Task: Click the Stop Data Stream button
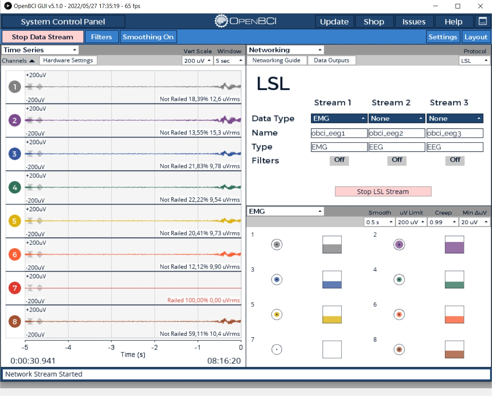(43, 37)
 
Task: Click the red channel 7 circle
(15, 288)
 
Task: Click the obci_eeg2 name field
(397, 133)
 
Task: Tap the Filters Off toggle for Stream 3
(455, 160)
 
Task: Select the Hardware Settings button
(68, 61)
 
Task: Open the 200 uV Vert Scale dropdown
(197, 61)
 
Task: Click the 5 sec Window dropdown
(229, 61)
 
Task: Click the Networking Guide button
(276, 61)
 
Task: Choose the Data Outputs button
(331, 61)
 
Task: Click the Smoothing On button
(148, 37)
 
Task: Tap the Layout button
(475, 37)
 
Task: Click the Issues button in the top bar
(414, 21)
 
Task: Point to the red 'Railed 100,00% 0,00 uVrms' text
(203, 300)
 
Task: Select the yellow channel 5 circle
(15, 221)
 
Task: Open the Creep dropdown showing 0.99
(443, 222)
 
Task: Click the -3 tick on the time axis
(111, 347)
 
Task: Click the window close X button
(480, 6)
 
